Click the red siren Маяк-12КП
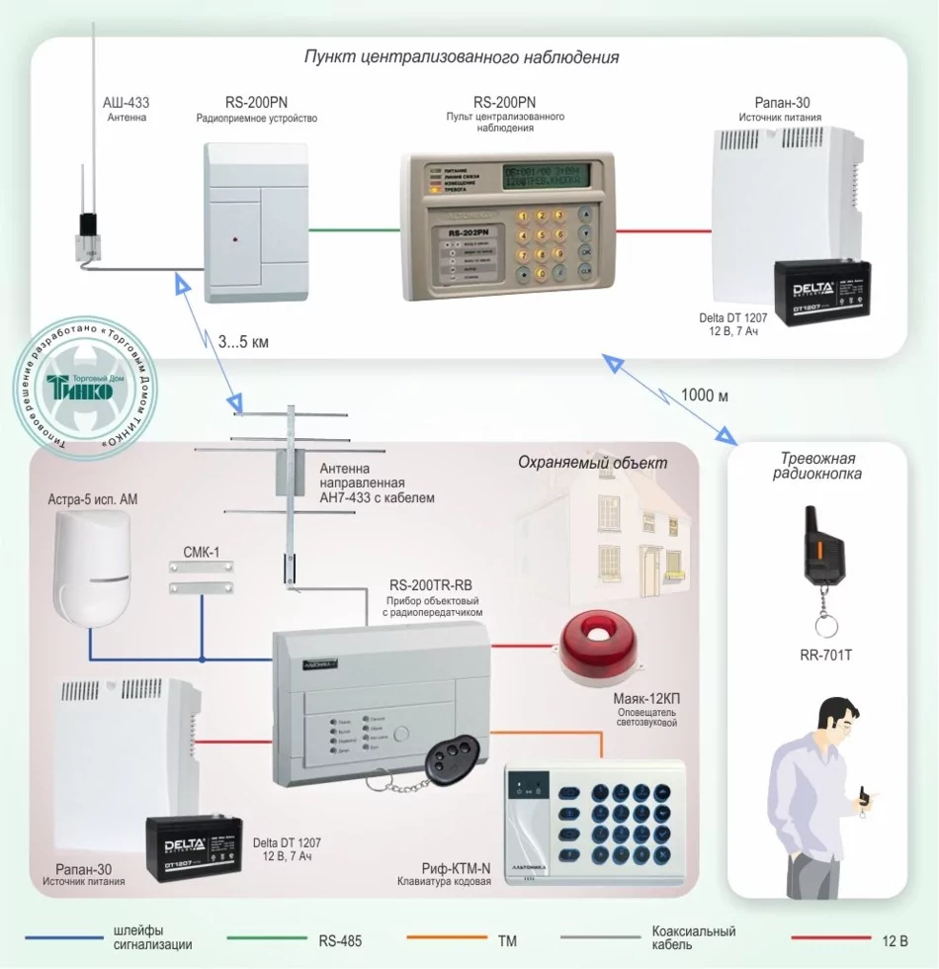pyautogui.click(x=597, y=649)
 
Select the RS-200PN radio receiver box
pyautogui.click(x=256, y=221)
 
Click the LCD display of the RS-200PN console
pyautogui.click(x=545, y=177)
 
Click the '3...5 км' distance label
pyautogui.click(x=243, y=342)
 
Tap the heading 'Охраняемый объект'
pyautogui.click(x=592, y=463)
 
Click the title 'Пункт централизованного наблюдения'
pyautogui.click(x=461, y=57)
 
